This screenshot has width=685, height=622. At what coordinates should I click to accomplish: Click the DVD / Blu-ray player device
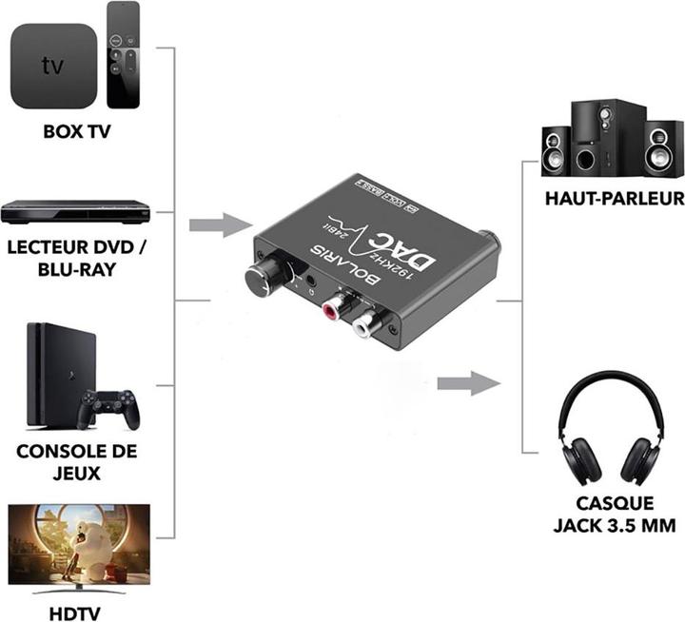tap(76, 211)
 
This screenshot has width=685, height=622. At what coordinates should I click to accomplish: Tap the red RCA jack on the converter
tap(334, 310)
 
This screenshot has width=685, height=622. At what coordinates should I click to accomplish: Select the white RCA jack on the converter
tap(364, 326)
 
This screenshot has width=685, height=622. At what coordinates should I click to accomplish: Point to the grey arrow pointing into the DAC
tap(220, 226)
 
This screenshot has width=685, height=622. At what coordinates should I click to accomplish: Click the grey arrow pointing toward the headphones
tap(468, 384)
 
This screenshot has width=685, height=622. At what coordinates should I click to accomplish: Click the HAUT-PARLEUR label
tap(614, 199)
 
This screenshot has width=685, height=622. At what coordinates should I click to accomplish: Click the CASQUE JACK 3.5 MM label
tap(602, 515)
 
